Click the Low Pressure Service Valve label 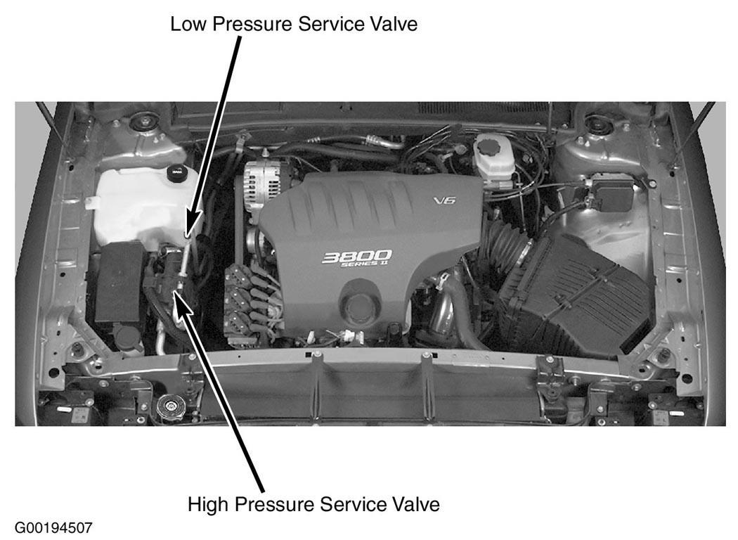click(x=294, y=23)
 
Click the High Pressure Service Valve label click(x=313, y=504)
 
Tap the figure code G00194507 click(x=53, y=528)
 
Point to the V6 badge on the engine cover click(x=444, y=200)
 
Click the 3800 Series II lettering click(x=356, y=259)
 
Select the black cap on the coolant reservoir click(x=177, y=173)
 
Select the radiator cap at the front click(x=170, y=406)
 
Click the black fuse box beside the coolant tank click(x=120, y=283)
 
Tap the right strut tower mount click(x=595, y=124)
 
